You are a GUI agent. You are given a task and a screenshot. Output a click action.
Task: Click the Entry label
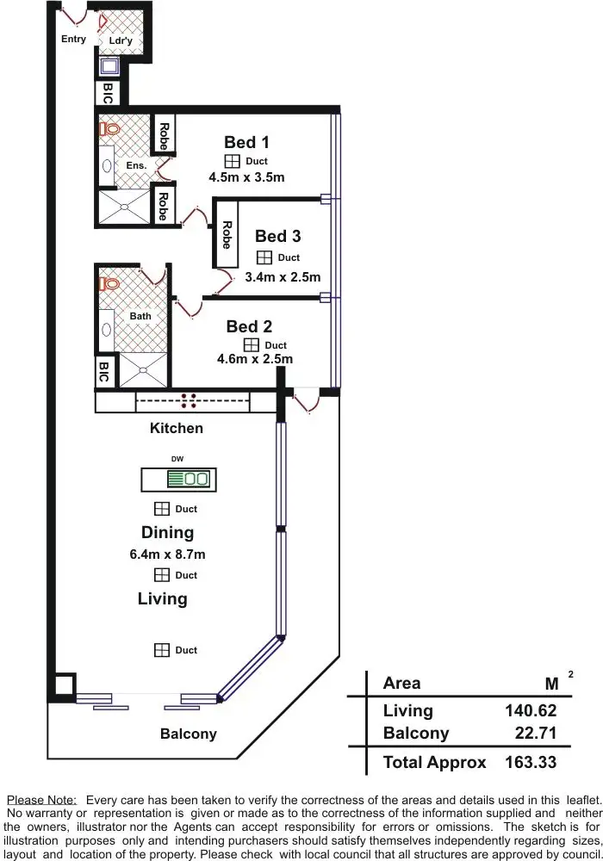73,39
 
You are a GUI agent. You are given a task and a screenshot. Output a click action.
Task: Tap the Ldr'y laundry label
121,40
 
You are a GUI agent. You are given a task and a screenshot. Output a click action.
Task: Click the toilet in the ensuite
109,129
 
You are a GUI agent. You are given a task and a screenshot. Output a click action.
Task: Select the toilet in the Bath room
109,282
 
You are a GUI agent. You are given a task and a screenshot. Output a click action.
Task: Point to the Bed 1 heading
246,142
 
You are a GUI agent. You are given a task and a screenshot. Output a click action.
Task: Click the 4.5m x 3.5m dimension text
246,177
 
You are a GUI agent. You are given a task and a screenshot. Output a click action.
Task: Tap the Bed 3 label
277,236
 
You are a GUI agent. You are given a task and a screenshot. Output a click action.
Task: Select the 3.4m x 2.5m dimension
283,277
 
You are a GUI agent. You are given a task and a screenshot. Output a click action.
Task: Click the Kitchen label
177,428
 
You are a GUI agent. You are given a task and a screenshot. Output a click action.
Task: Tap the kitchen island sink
196,479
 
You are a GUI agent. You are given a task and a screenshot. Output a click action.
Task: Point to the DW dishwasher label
177,459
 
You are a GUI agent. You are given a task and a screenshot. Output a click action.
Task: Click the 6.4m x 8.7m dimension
167,554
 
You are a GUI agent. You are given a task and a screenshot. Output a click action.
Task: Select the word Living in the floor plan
162,598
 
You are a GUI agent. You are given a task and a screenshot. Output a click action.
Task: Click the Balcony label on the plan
188,734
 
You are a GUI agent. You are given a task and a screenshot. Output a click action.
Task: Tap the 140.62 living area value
531,710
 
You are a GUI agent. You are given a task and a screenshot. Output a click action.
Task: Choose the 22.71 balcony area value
537,734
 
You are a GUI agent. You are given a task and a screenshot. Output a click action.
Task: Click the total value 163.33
531,762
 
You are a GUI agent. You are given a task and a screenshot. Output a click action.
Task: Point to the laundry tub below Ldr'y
110,66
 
